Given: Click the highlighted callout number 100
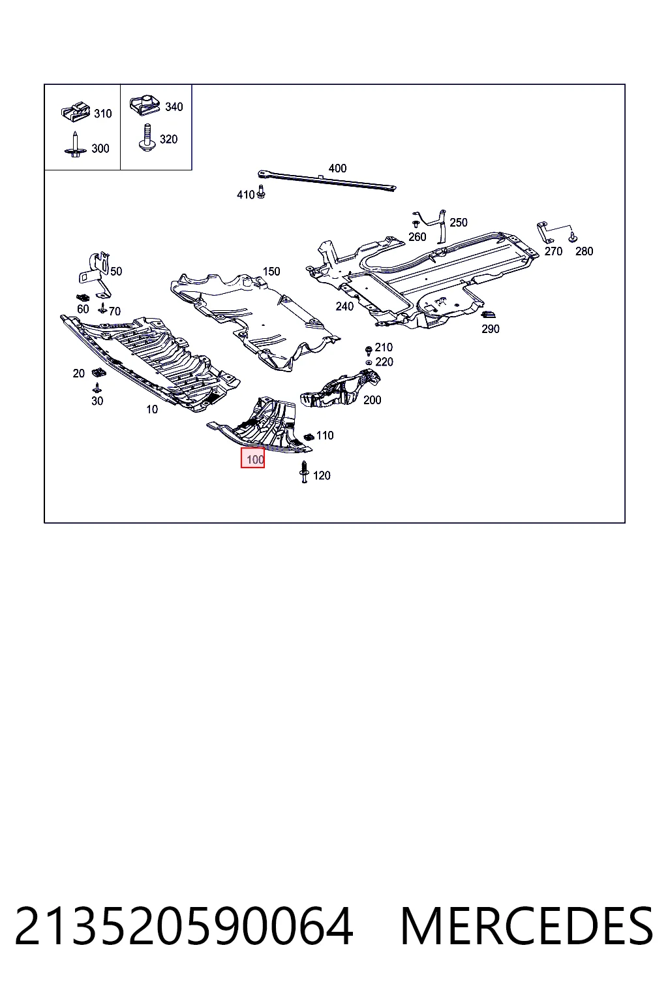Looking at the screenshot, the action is coord(255,460).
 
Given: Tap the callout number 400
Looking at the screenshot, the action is coord(337,168).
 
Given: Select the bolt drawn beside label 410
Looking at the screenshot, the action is coord(262,192).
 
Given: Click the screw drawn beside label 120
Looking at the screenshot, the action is coord(304,472).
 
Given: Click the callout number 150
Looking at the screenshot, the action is coord(271,272).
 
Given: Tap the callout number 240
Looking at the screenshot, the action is coord(344,306).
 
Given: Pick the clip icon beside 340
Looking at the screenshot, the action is coord(145,106).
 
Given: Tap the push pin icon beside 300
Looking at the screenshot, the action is coord(75,144).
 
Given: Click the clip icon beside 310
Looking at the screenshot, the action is coord(76,112).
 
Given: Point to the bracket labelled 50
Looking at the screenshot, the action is coord(96,274).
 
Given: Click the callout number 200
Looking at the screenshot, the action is coord(372,400).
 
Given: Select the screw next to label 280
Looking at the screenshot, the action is coord(573,237).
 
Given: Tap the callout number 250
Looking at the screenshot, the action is coord(458,223).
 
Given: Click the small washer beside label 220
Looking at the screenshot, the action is coord(369,362).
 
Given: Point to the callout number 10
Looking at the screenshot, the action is coord(152,409).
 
